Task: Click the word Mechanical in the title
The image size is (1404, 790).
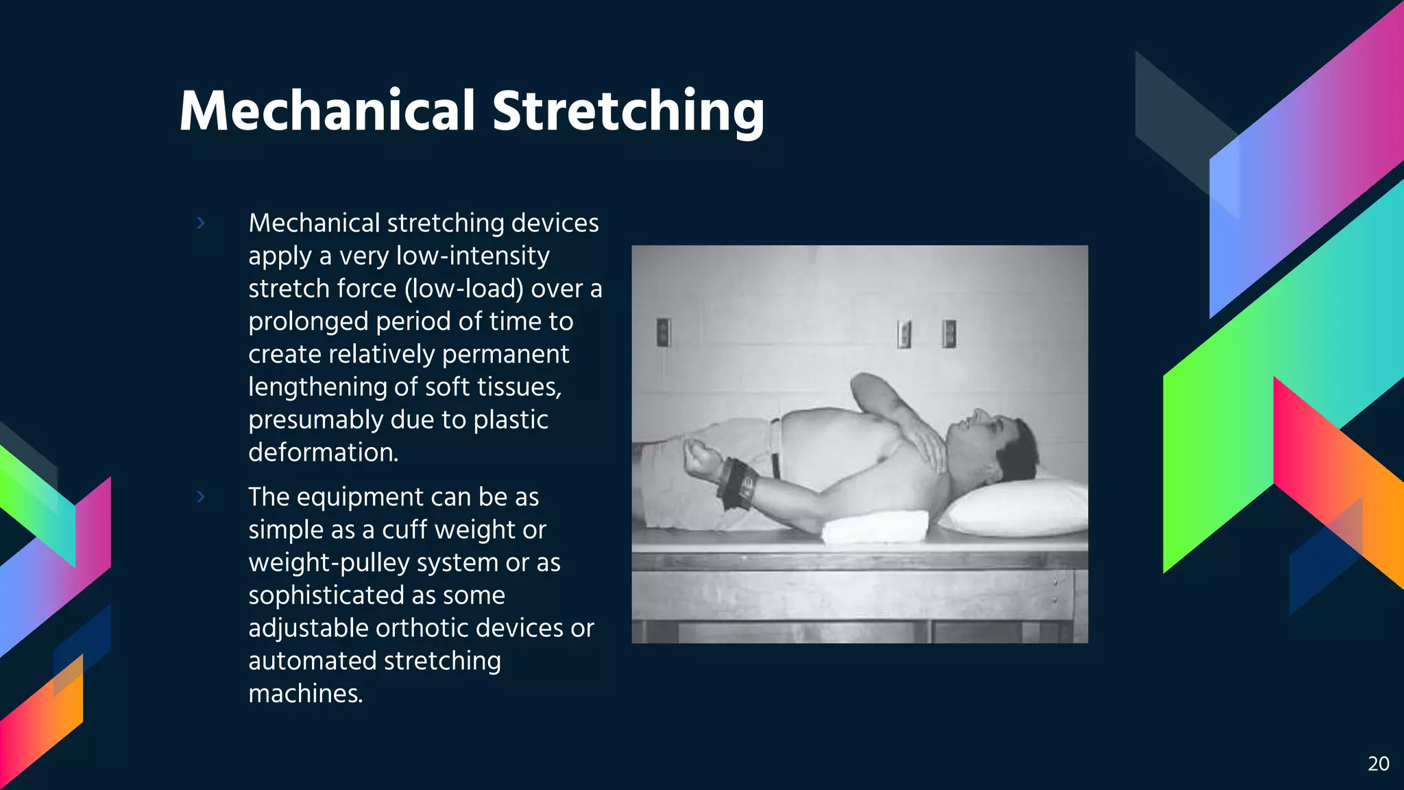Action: click(327, 111)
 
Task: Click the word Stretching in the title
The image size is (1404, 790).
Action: click(628, 112)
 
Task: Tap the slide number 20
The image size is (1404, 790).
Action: click(1378, 764)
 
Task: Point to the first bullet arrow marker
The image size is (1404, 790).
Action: click(200, 223)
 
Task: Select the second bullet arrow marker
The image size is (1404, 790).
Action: click(200, 496)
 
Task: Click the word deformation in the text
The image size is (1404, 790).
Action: click(322, 453)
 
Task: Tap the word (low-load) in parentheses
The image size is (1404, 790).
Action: click(464, 289)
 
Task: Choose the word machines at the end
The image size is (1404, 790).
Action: click(304, 694)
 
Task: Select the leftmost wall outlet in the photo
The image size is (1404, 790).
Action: click(663, 333)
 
